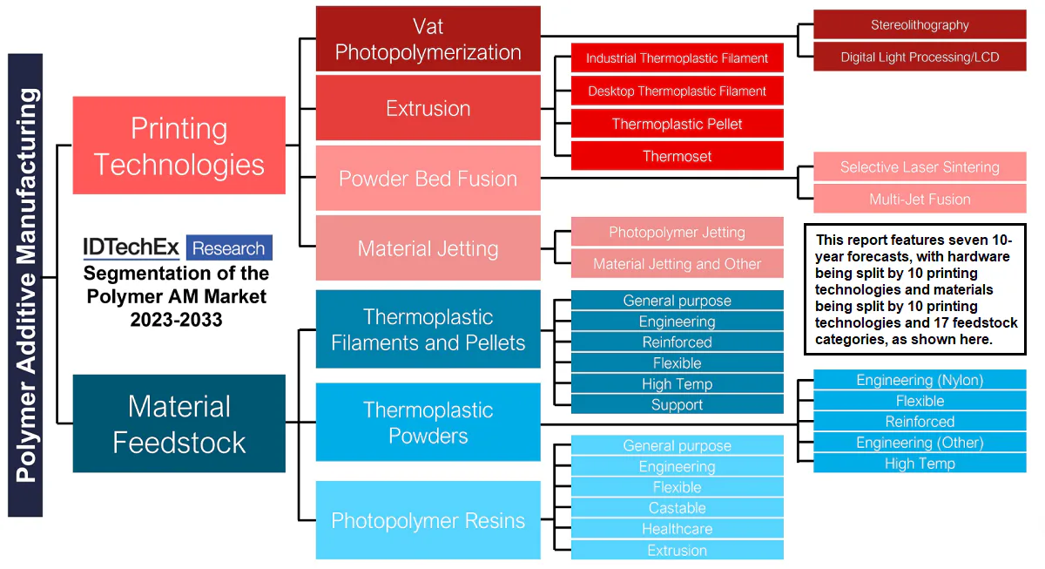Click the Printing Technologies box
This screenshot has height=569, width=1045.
click(179, 146)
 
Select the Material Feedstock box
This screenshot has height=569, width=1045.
click(179, 423)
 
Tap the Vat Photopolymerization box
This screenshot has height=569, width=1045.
click(428, 39)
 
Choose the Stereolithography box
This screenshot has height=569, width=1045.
click(920, 25)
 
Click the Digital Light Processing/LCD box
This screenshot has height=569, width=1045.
click(920, 58)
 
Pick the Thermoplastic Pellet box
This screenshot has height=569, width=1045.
click(677, 124)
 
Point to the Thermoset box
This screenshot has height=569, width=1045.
click(677, 157)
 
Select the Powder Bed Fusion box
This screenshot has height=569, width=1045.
click(428, 179)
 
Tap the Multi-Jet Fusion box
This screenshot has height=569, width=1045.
click(920, 200)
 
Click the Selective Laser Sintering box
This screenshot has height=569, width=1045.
click(920, 167)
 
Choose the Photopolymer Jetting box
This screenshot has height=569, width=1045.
click(677, 233)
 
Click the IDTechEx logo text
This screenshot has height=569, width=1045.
click(131, 247)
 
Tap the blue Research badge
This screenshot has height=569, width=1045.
click(228, 248)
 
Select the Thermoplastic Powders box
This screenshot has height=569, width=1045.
click(428, 423)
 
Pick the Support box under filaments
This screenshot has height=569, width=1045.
click(677, 405)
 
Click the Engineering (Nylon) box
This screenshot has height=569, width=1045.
click(920, 380)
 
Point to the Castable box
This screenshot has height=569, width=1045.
click(677, 508)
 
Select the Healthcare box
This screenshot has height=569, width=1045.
click(677, 529)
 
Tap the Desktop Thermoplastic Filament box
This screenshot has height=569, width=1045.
click(677, 91)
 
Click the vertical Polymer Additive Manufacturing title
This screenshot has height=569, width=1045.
click(25, 285)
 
